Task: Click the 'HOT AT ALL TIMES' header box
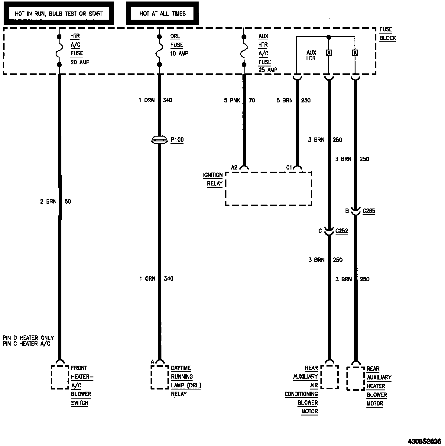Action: click(162, 14)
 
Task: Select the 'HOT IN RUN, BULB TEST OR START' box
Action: click(59, 14)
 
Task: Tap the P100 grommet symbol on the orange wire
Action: click(159, 139)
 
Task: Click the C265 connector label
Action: click(369, 211)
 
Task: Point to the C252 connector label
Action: click(342, 231)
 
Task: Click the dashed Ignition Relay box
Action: click(268, 189)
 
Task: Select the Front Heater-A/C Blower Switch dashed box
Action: click(60, 377)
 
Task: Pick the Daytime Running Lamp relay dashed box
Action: click(160, 377)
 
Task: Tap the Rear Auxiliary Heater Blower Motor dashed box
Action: click(356, 379)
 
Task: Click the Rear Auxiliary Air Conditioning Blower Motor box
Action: click(329, 377)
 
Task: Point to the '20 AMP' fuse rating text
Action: click(80, 62)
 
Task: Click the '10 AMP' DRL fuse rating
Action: click(179, 53)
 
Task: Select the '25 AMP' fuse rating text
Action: click(268, 69)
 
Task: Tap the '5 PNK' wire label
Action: click(232, 100)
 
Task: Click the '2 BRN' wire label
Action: click(48, 202)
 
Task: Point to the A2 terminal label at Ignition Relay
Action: click(234, 167)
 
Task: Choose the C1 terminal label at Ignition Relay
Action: click(289, 167)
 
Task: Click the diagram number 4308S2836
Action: click(424, 441)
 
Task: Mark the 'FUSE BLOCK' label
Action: click(387, 34)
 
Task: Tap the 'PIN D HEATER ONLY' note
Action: click(28, 338)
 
